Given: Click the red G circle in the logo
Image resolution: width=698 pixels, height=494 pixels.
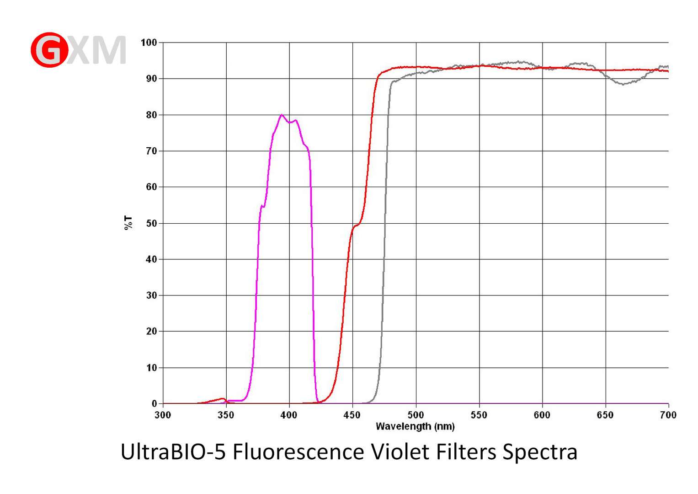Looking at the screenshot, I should click(49, 50).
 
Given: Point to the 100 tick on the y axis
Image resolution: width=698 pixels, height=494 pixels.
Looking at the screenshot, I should click(149, 43).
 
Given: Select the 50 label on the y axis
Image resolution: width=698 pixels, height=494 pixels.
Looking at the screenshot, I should click(151, 223).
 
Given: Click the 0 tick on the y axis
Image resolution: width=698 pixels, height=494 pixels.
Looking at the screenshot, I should click(154, 403).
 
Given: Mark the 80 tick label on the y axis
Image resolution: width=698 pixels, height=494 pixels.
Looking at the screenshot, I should click(151, 115).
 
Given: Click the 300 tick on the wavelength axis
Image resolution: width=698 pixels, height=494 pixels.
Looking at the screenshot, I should click(163, 415).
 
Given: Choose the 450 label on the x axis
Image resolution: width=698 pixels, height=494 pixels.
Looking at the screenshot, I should click(352, 415).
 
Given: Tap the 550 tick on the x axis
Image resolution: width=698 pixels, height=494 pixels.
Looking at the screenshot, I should click(479, 415).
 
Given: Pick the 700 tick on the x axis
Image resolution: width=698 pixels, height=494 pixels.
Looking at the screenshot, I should click(668, 415).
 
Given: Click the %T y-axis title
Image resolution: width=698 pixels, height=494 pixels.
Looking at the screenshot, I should click(128, 223).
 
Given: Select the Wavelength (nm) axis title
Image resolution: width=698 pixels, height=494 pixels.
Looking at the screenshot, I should click(415, 426).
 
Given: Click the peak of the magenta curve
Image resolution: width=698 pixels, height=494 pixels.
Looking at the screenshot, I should click(281, 115).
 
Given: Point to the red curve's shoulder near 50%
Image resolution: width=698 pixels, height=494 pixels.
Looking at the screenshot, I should click(356, 226).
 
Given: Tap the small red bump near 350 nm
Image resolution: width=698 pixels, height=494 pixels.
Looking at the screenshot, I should click(222, 399).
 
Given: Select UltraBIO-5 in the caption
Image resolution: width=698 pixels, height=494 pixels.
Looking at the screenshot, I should click(173, 452).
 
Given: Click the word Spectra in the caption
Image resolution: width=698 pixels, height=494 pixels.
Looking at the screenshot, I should click(540, 452).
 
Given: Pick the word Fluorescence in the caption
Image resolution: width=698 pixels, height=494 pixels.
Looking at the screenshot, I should click(298, 452).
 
